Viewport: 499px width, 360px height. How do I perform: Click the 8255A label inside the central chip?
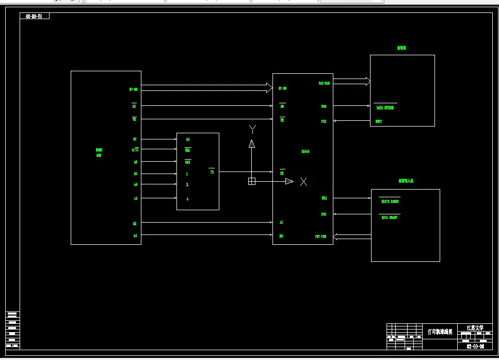pyautogui.click(x=305, y=151)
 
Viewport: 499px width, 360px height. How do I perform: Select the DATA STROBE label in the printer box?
pyautogui.click(x=385, y=108)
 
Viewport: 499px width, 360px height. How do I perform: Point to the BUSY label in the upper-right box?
pyautogui.click(x=379, y=121)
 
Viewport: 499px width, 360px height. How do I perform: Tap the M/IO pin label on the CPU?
pyautogui.click(x=135, y=150)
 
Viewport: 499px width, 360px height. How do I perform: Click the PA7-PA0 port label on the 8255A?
pyautogui.click(x=324, y=83)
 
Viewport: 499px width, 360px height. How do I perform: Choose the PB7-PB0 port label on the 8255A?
pyautogui.click(x=321, y=237)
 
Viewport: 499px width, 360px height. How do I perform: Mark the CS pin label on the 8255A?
pyautogui.click(x=282, y=173)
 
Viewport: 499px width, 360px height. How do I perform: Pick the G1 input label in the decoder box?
pyautogui.click(x=188, y=139)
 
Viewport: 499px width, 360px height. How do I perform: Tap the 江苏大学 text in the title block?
pyautogui.click(x=475, y=327)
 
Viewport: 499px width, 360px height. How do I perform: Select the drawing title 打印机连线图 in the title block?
pyautogui.click(x=440, y=332)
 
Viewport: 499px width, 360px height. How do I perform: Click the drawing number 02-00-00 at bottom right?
pyautogui.click(x=475, y=346)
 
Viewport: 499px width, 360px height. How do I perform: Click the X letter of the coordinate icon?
pyautogui.click(x=303, y=181)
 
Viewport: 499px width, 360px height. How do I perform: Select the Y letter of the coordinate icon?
pyautogui.click(x=252, y=128)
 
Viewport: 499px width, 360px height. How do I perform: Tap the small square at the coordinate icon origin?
pyautogui.click(x=252, y=181)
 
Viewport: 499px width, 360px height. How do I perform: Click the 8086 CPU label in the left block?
pyautogui.click(x=99, y=152)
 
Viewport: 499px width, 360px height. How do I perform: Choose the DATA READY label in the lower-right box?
pyautogui.click(x=390, y=217)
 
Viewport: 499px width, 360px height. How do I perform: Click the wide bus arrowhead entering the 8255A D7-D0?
pyautogui.click(x=269, y=88)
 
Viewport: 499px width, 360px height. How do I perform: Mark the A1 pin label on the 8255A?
pyautogui.click(x=282, y=222)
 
